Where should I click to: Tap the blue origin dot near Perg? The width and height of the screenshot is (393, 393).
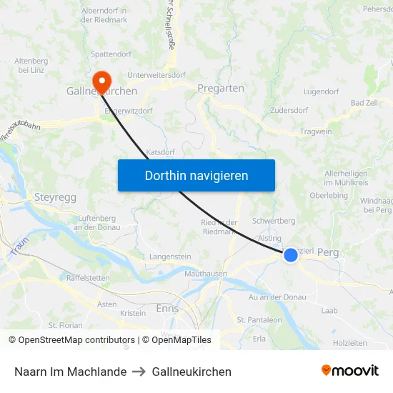(x=291, y=255)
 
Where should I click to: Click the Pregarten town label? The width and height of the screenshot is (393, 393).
(x=221, y=89)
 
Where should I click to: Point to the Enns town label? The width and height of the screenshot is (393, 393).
(x=167, y=309)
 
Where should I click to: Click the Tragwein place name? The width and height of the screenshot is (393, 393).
(x=316, y=131)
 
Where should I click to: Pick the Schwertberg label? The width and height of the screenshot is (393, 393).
(x=274, y=222)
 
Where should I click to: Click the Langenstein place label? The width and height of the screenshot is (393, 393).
(x=170, y=256)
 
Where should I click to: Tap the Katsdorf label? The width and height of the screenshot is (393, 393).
(x=161, y=152)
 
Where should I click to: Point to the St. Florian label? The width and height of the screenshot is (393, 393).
(x=66, y=325)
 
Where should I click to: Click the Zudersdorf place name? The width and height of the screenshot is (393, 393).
(x=289, y=111)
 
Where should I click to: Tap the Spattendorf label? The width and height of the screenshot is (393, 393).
(x=111, y=54)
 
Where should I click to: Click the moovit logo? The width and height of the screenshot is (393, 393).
(x=350, y=371)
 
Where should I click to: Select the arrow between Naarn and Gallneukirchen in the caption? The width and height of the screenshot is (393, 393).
(x=139, y=372)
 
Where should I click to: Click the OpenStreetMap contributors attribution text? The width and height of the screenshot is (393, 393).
(x=72, y=340)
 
